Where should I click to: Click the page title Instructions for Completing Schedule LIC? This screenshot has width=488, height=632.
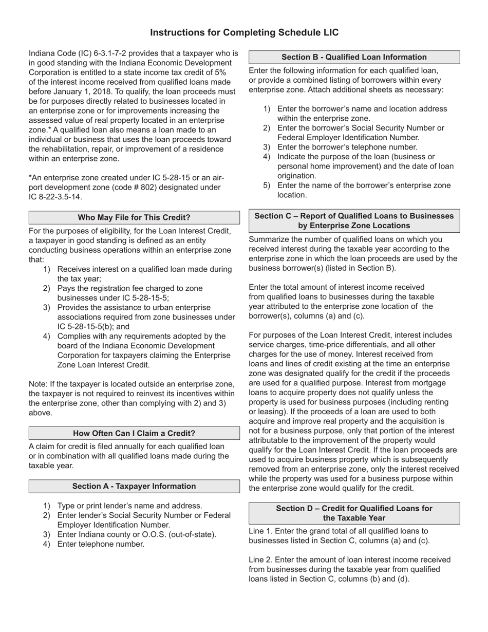click(244, 32)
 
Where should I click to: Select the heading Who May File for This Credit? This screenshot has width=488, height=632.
click(134, 217)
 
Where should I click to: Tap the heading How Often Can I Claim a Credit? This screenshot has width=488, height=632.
click(134, 433)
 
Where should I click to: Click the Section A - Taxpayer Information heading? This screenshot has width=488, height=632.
click(134, 486)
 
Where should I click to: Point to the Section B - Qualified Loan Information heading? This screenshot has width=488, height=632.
click(354, 57)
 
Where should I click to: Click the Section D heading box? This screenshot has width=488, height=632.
click(354, 513)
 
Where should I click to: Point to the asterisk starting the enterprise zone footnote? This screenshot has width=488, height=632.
click(30, 178)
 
